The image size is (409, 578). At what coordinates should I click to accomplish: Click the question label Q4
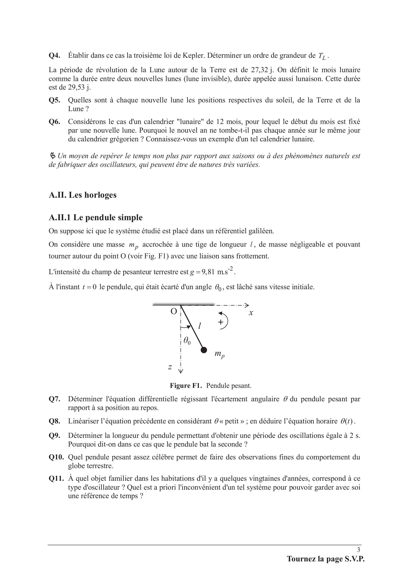(x=54, y=56)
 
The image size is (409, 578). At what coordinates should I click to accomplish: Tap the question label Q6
(x=54, y=122)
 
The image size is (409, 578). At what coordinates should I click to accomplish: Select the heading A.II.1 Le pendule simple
(x=96, y=217)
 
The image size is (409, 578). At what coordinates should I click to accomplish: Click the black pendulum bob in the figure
(x=204, y=350)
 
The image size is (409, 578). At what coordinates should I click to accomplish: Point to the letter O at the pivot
(x=174, y=311)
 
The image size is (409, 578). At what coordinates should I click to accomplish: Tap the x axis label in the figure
(x=251, y=313)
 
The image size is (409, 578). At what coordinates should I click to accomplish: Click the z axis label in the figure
(x=170, y=367)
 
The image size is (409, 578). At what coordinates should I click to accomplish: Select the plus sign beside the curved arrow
(x=221, y=322)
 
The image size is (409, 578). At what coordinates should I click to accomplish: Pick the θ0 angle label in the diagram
(x=187, y=341)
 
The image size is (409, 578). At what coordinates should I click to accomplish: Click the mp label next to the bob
(x=219, y=354)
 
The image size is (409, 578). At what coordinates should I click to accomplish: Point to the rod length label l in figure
(x=200, y=326)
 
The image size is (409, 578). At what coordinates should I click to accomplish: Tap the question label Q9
(x=54, y=435)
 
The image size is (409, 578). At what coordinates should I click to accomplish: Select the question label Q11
(x=55, y=478)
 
